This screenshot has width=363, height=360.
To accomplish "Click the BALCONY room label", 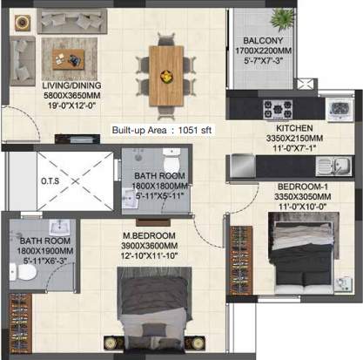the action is tap(263, 40).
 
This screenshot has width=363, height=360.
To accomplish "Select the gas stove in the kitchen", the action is tap(278, 109).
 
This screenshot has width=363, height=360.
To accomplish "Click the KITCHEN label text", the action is tap(294, 128).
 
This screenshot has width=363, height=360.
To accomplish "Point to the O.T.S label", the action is tap(50, 181).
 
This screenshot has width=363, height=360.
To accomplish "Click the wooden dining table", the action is tap(166, 76).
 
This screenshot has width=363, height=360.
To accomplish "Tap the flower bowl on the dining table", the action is tap(166, 77).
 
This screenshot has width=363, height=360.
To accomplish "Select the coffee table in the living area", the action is tap(69, 59).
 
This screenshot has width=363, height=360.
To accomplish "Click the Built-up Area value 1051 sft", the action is tap(195, 130).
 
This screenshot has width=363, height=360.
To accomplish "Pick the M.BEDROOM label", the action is tap(149, 235).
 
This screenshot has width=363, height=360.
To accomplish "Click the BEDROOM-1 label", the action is tap(303, 187).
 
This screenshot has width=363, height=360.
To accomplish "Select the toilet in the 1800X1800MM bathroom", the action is tap(171, 160).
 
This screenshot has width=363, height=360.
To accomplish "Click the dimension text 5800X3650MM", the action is tap(72, 95).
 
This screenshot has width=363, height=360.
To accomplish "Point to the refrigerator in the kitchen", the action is tap(243, 166).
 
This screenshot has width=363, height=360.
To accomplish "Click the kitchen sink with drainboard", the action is tap(333, 166).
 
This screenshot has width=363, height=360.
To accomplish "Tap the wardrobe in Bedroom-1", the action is tap(241, 261).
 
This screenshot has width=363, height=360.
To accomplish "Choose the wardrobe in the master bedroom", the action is tap(20, 323).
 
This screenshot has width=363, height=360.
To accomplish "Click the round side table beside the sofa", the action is tap(23, 23).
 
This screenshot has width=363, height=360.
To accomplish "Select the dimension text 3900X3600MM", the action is tap(149, 246).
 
